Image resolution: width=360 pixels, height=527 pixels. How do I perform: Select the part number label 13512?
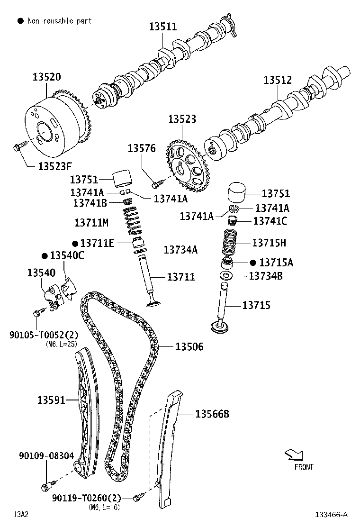pos(278,80)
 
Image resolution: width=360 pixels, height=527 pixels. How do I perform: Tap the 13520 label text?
pos(46,77)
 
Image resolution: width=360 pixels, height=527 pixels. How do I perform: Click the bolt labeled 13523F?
pos(18,148)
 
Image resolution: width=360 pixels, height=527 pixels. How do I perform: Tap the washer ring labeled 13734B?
pos(226,276)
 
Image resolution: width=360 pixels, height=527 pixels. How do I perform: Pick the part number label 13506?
pos(189,347)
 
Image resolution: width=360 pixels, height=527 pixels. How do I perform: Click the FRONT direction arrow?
pos(294,455)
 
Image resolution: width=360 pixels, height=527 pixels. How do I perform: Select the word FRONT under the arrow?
pos(304,467)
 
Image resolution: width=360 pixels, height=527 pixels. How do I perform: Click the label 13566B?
pos(212,414)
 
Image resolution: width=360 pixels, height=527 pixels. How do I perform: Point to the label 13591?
pos(51,400)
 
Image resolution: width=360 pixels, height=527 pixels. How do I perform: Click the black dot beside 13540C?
pos(45,256)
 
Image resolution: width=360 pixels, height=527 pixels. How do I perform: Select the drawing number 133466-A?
pos(332,514)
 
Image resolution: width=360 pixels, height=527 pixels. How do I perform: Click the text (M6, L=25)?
pos(62,344)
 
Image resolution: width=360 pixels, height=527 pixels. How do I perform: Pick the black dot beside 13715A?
pos(252,263)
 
